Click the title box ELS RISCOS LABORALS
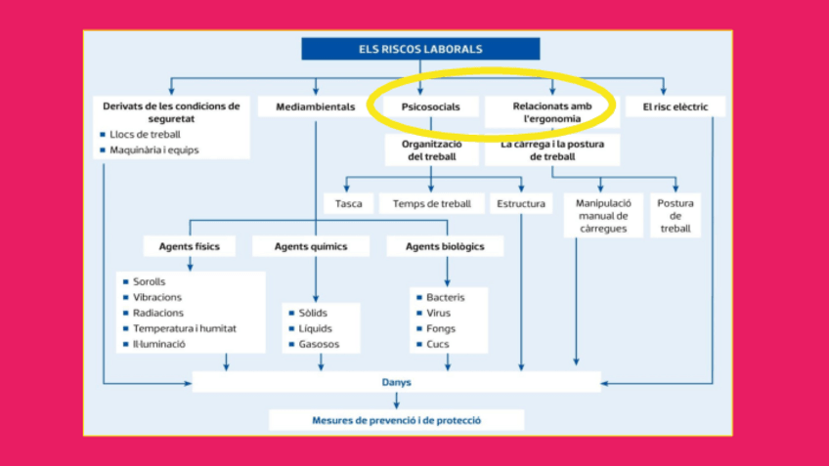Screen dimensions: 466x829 [420, 49]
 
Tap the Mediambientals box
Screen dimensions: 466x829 [315, 106]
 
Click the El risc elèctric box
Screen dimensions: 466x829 [676, 106]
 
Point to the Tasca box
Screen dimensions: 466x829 [348, 204]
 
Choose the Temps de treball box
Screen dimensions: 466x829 [431, 204]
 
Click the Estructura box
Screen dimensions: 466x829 [521, 204]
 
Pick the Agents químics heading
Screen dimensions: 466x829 [310, 246]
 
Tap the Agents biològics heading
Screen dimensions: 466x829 [445, 246]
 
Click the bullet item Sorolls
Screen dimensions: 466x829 [149, 281]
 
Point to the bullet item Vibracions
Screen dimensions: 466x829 [156, 297]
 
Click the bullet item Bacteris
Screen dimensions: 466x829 [445, 297]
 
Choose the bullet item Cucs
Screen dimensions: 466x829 [438, 344]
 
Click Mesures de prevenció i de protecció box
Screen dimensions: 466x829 [396, 420]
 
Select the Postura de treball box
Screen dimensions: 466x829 [675, 216]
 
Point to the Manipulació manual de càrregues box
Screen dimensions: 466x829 [603, 216]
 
